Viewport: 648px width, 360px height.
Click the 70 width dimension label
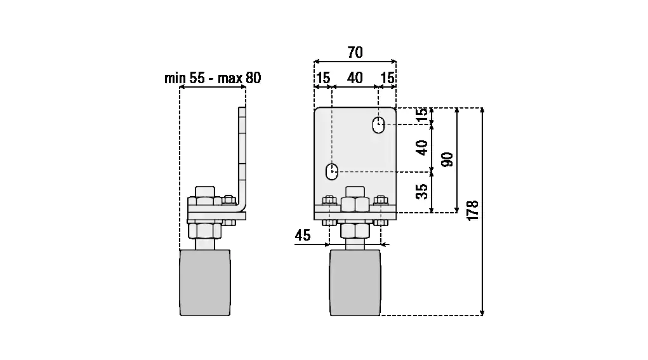(355, 53)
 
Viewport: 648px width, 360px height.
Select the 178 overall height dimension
(472, 210)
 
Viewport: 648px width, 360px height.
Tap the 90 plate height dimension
(447, 159)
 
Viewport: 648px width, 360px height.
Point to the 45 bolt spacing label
(303, 235)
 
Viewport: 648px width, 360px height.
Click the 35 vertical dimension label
(421, 191)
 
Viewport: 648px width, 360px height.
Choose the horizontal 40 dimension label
(355, 77)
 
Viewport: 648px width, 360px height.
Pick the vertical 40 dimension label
(421, 147)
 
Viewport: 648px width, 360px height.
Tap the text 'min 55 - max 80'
(213, 77)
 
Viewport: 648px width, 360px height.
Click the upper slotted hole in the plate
(378, 125)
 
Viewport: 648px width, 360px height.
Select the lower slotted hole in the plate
(332, 171)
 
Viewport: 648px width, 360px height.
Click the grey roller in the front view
(355, 283)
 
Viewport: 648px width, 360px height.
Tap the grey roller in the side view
(205, 283)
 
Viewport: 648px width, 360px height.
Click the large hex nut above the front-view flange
(355, 204)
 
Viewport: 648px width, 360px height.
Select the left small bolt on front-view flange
(329, 201)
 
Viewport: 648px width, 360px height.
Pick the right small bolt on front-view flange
(381, 201)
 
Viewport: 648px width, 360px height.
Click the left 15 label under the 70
(323, 77)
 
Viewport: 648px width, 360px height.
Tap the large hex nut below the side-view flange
(204, 230)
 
